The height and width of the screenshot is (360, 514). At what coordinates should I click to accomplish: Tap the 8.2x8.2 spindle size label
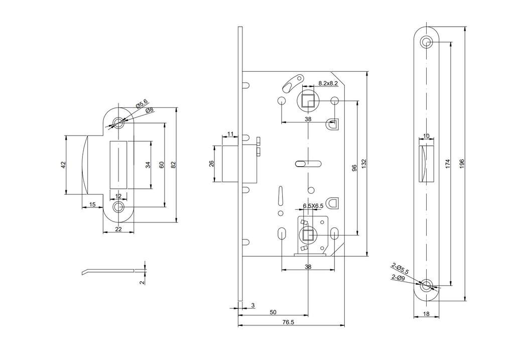coord(328,84)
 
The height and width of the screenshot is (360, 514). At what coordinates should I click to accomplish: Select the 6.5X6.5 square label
coord(313,206)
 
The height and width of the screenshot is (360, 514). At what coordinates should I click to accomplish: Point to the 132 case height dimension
coord(364,164)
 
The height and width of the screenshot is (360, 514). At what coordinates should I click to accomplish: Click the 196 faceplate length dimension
coord(462,164)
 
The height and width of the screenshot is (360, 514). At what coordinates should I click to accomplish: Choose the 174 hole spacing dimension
coord(448,164)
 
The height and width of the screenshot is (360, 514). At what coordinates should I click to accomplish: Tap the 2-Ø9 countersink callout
coord(398,277)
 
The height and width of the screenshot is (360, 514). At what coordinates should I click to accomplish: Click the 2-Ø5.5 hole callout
coord(400,269)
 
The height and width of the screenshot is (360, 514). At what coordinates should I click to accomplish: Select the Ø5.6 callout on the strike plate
coord(142,104)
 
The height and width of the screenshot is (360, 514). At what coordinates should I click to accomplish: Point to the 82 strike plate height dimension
coord(173,165)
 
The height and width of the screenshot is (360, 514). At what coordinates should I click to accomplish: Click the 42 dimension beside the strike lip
coord(63,165)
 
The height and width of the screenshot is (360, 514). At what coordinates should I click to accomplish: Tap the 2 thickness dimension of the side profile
coord(142,282)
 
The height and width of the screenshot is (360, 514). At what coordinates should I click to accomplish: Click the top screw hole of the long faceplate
coord(426,42)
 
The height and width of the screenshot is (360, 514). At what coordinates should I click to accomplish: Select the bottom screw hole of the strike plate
coord(118,207)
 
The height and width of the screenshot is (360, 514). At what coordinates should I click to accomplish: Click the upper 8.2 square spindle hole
coord(308,100)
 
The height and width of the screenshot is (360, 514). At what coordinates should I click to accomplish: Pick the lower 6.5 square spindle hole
coord(308,235)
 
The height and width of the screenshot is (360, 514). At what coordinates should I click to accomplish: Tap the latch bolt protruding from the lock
coord(230,164)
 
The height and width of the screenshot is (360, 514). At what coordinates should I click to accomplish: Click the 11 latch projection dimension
coord(230,134)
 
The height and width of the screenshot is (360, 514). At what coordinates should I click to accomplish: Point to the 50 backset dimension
coord(273,312)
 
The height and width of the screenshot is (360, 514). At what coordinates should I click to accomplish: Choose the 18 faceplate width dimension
coord(426,314)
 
